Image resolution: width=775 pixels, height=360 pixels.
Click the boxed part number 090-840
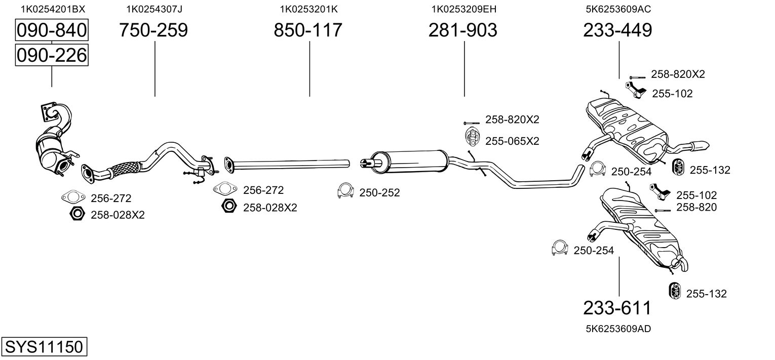(52, 30)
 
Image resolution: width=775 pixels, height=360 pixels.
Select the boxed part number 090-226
(52, 55)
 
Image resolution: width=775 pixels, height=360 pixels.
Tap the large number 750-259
(153, 30)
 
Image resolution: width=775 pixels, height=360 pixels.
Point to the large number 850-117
(308, 30)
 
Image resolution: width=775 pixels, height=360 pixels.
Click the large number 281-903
(463, 30)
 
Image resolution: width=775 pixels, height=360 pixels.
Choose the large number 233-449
(617, 30)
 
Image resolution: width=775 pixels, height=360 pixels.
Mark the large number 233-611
(617, 308)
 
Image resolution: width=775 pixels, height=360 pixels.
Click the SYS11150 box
(44, 347)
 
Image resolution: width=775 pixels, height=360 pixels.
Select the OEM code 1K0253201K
(308, 9)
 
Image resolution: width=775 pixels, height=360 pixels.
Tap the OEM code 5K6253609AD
(618, 329)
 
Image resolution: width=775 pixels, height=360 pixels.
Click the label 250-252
(379, 192)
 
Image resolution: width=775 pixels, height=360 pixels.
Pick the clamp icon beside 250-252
(345, 190)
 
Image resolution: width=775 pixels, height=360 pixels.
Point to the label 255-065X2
(512, 141)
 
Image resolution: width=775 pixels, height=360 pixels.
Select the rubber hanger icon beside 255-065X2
(472, 137)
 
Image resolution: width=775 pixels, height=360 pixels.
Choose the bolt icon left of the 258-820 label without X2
(663, 210)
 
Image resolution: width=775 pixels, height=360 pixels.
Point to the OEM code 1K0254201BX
(53, 9)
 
